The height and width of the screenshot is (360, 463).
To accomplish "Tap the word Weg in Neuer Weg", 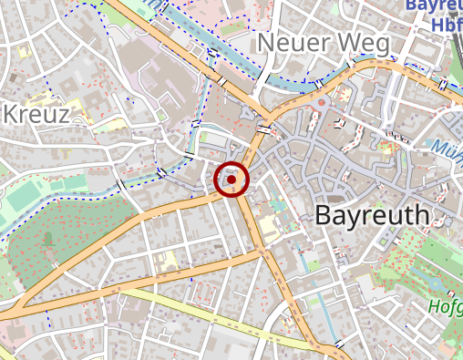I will pos(361,43).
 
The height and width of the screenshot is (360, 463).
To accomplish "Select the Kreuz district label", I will pos(36,115).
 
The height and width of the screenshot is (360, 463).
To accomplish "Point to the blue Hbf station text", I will pos(447,26).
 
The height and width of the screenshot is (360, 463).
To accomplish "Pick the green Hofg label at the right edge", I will pos(445,307).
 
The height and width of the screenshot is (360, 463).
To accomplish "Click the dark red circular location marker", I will pos(231,180).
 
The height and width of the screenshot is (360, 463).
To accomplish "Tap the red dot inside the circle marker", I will pos(231,180).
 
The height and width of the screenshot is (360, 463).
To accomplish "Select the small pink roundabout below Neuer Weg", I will pos(322,106).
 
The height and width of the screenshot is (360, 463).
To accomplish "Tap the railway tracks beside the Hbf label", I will pos(456,55).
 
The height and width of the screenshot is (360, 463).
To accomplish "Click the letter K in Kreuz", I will pos(13,115).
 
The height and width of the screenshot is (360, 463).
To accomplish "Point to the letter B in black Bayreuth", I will pos(324,216).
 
